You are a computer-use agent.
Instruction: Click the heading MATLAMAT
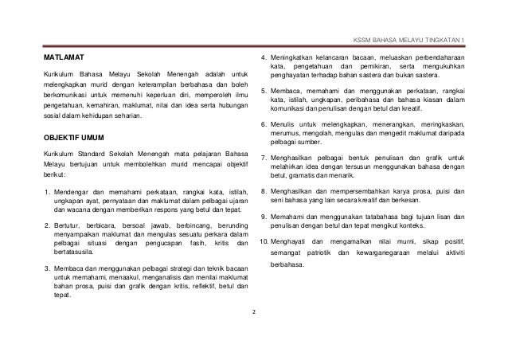tap(64, 59)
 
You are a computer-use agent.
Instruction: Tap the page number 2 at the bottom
tap(253, 311)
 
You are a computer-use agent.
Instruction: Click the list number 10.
tap(266, 241)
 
